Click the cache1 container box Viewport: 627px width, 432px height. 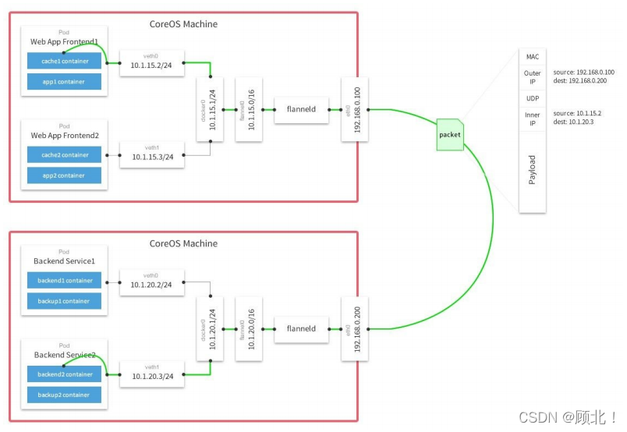pos(64,61)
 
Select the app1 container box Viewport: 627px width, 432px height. pos(64,81)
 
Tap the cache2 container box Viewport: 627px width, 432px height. pos(64,155)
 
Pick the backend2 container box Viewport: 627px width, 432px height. pos(64,374)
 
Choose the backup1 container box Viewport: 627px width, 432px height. pos(64,301)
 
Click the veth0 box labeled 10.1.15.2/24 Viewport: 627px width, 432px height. pos(152,64)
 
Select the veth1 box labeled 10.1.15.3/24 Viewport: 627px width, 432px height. pos(152,155)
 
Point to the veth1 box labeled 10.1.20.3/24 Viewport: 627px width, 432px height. pos(152,374)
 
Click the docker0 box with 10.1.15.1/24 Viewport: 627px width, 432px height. pos(211,109)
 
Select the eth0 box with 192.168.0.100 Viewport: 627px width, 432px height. pos(354,109)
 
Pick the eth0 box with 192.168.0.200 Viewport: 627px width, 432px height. pos(354,328)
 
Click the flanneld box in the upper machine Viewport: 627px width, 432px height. pos(300,110)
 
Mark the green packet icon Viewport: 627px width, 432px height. pos(450,134)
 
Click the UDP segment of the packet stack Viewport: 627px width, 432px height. pos(533,99)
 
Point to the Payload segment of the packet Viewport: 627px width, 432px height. pos(533,169)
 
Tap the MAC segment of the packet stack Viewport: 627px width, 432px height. pos(533,57)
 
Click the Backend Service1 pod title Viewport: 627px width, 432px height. pos(64,260)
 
